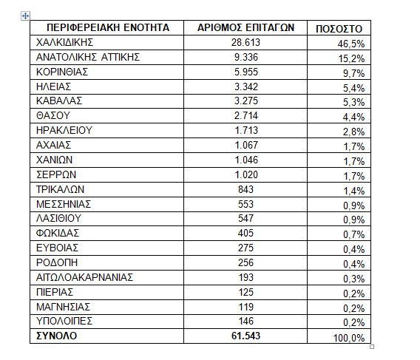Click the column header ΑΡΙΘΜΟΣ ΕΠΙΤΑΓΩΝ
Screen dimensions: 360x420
[246, 27]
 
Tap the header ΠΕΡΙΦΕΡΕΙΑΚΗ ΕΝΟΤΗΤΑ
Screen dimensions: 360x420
[103, 27]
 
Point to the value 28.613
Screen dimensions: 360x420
[246, 42]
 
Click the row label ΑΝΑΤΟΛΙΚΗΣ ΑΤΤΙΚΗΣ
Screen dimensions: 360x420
[88, 57]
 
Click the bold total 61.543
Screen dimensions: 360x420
[246, 336]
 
